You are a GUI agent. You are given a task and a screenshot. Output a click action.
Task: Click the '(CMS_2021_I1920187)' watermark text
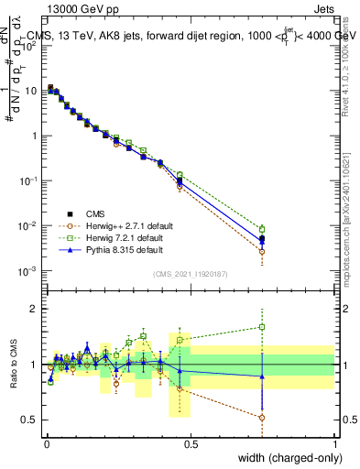pyautogui.click(x=190, y=273)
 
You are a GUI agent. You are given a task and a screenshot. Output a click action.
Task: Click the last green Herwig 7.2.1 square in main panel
pyautogui.click(x=262, y=229)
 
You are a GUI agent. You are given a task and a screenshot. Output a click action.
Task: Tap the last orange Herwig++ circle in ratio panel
pyautogui.click(x=262, y=418)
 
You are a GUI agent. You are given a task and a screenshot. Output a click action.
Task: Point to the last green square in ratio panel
pyautogui.click(x=262, y=326)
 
